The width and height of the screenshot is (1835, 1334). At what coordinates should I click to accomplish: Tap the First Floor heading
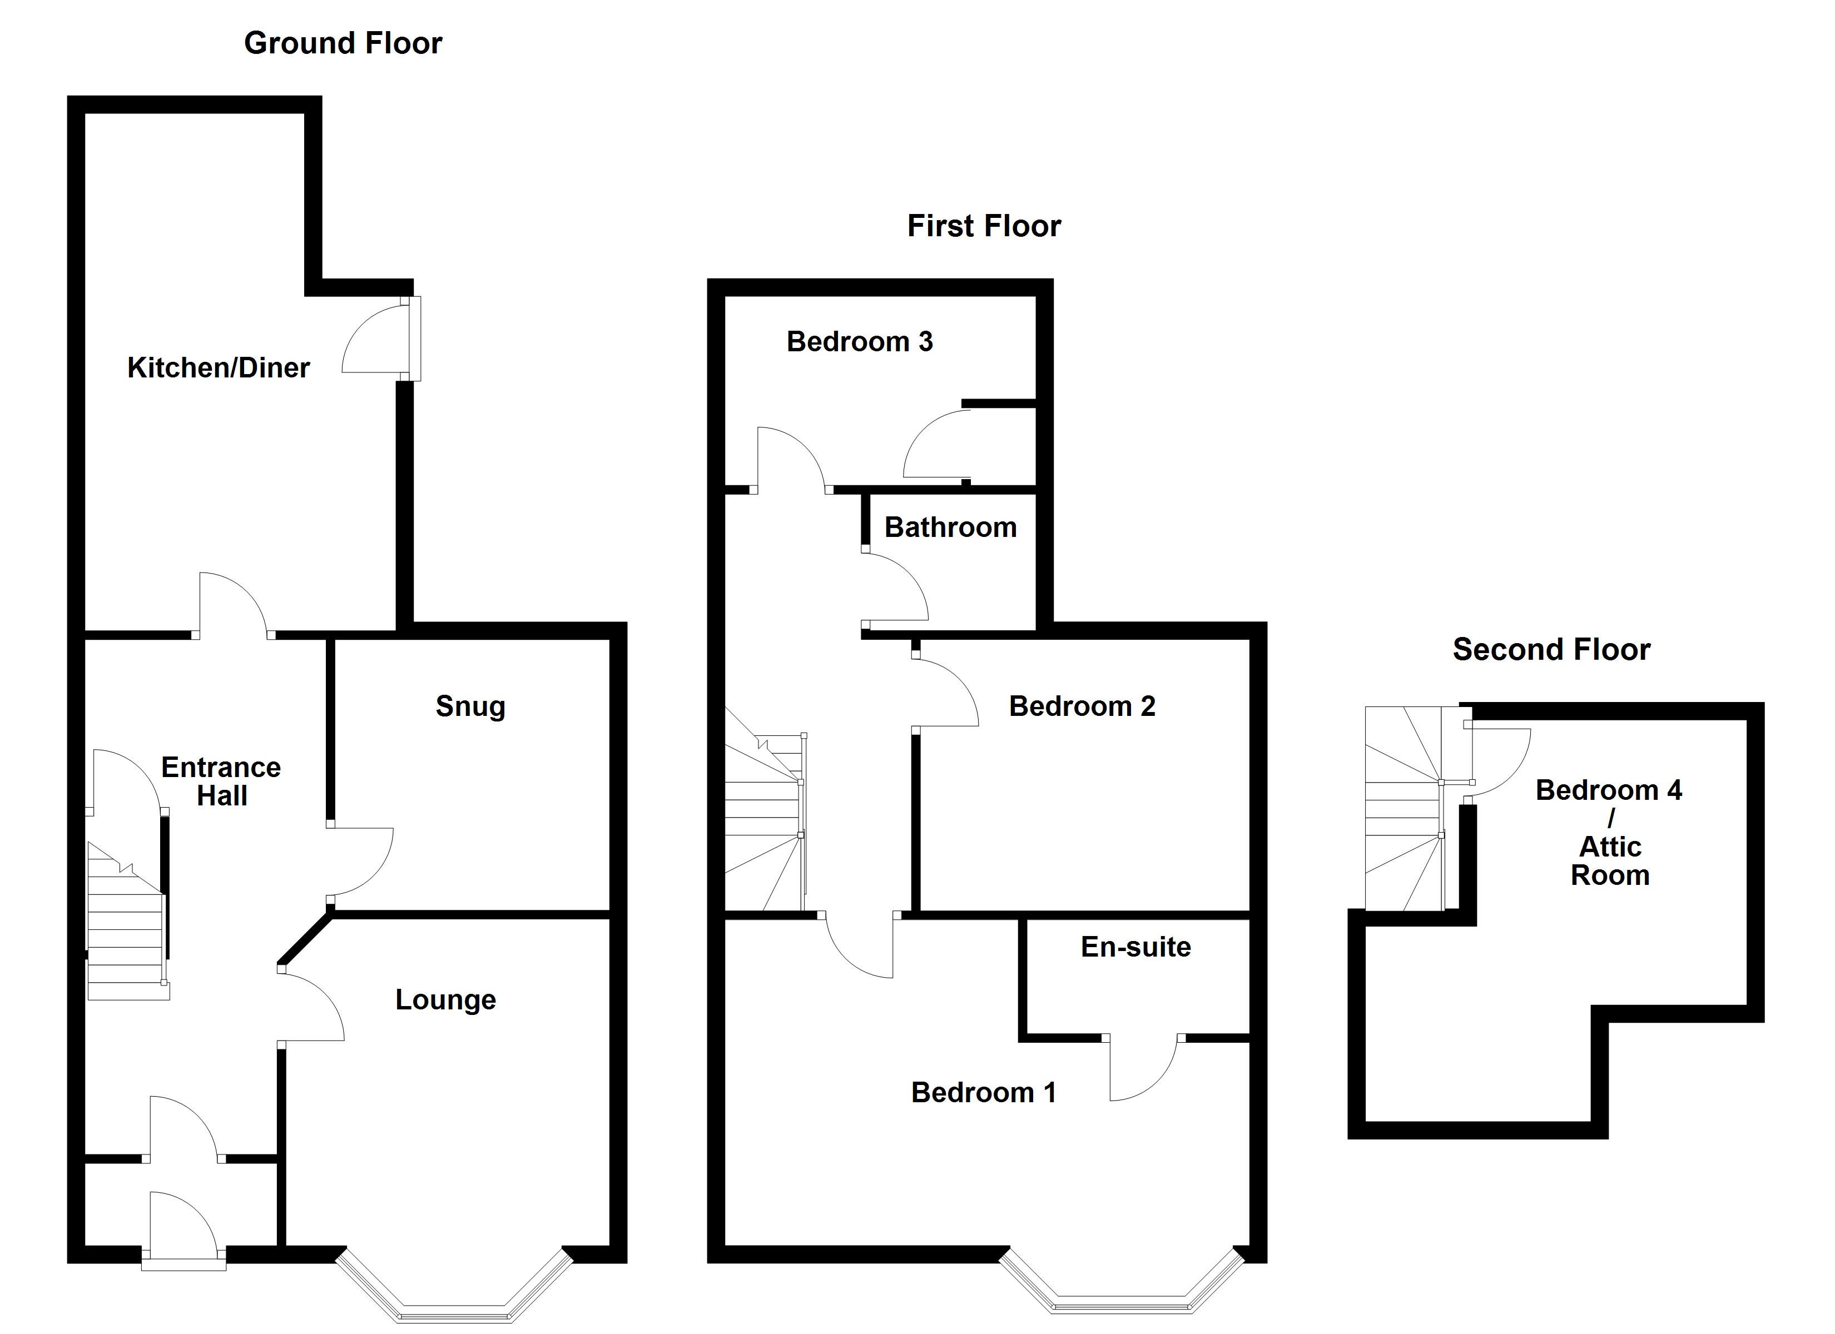983,226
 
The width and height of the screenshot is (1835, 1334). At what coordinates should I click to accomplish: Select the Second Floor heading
1550,650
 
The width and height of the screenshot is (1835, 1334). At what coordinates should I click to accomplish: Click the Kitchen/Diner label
219,368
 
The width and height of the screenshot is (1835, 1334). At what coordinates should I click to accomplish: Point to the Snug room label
470,706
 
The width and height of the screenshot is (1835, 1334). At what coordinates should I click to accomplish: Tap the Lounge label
445,1000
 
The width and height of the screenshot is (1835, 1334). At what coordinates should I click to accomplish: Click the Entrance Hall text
221,782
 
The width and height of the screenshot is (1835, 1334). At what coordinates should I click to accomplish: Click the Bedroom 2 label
1082,706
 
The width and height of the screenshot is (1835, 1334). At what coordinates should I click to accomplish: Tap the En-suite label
1135,947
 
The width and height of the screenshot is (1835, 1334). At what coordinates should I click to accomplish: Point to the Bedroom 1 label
983,1093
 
